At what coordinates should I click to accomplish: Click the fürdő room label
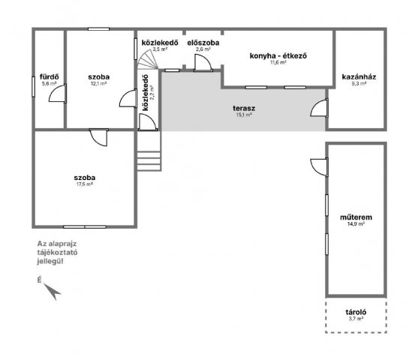pyautogui.click(x=50, y=76)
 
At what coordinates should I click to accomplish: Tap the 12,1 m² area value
pyautogui.click(x=98, y=83)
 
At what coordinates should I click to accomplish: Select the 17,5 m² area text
pyautogui.click(x=85, y=184)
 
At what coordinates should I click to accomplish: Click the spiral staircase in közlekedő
pyautogui.click(x=147, y=60)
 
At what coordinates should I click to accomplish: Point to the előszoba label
pyautogui.click(x=203, y=43)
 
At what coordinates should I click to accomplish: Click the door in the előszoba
pyautogui.click(x=203, y=63)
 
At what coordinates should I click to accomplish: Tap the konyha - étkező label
pyautogui.click(x=278, y=56)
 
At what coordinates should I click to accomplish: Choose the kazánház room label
pyautogui.click(x=359, y=77)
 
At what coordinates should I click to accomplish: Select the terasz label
pyautogui.click(x=244, y=108)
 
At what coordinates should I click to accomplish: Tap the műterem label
pyautogui.click(x=356, y=217)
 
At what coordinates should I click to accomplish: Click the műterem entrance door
pyautogui.click(x=320, y=166)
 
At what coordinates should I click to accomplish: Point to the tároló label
pyautogui.click(x=356, y=312)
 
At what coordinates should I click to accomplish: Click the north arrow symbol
pyautogui.click(x=53, y=291)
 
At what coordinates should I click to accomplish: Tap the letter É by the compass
pyautogui.click(x=40, y=280)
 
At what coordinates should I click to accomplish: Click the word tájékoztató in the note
pyautogui.click(x=57, y=252)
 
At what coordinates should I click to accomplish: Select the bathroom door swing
pyautogui.click(x=58, y=93)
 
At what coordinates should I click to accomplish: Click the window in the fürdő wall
pyautogui.click(x=34, y=86)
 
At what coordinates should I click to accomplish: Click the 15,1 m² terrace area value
pyautogui.click(x=244, y=115)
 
